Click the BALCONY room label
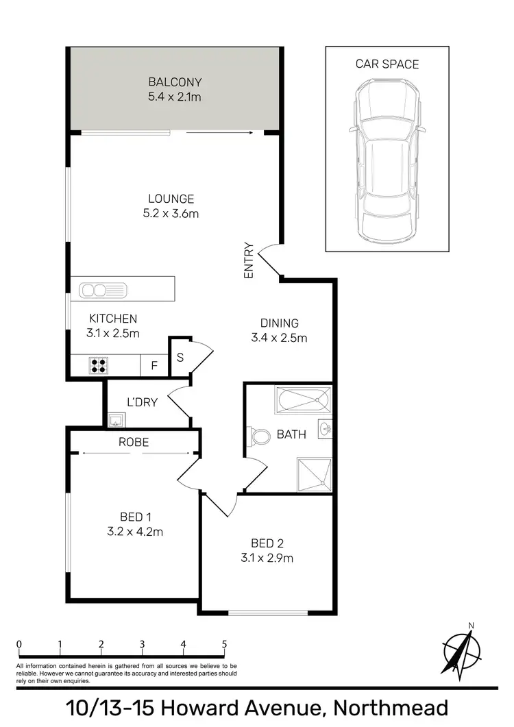[x=174, y=82]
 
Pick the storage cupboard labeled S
[x=180, y=357]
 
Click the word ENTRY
[x=249, y=261]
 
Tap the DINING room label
[x=279, y=323]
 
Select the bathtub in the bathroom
[x=302, y=399]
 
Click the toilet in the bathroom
[x=260, y=436]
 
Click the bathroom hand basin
[x=324, y=430]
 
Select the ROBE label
[x=134, y=442]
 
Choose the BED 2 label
[x=264, y=543]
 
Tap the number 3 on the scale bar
[x=142, y=644]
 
